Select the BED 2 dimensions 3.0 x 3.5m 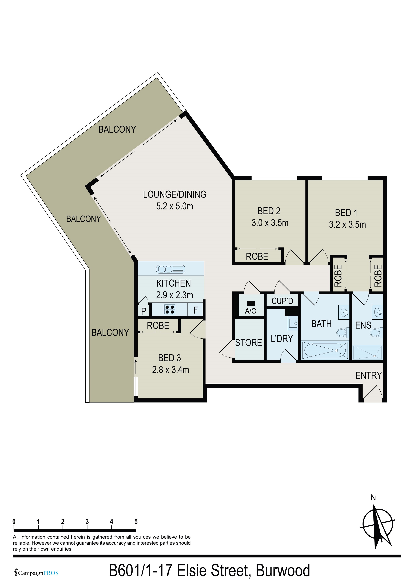coord(270,223)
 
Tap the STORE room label coord(248,343)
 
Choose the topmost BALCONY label coord(117,129)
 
